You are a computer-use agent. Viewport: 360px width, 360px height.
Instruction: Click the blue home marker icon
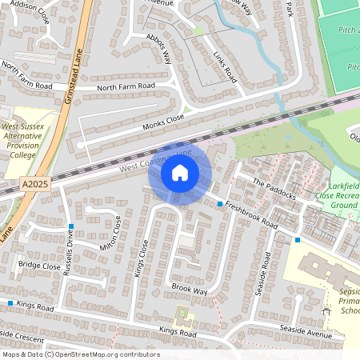coord(180,172)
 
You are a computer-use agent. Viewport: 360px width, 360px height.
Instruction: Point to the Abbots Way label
coord(159,48)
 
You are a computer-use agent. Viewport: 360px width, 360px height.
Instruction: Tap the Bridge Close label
coord(39,265)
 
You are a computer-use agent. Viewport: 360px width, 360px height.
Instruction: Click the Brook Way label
coord(190,288)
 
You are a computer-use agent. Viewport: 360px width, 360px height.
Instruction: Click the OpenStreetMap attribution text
coord(81,354)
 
